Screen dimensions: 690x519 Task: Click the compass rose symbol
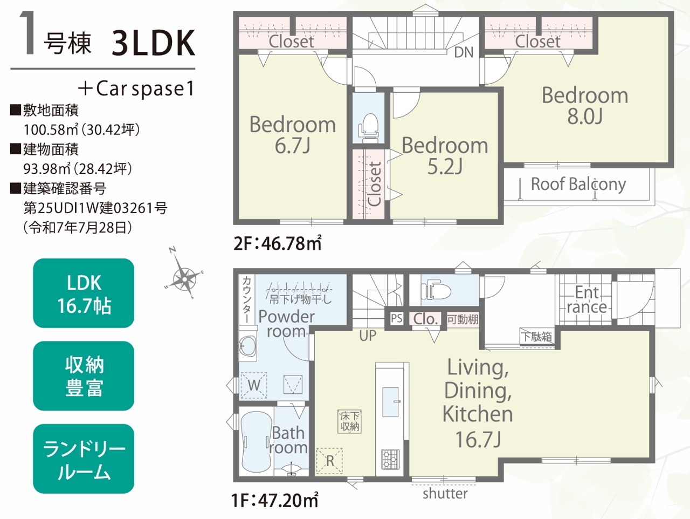point(184,278)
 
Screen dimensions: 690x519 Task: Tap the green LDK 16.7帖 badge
point(84,293)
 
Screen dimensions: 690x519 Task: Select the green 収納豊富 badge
point(84,376)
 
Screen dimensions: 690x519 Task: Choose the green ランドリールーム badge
point(84,459)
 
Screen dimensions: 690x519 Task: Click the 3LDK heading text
point(154,43)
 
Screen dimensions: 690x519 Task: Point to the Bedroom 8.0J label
point(585,106)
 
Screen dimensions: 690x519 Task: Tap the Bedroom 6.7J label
point(292,135)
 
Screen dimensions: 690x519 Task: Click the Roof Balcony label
point(578,184)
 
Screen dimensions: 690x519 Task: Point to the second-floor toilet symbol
point(368,128)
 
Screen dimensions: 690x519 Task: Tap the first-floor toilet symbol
point(436,289)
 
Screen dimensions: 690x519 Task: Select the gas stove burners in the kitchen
point(390,459)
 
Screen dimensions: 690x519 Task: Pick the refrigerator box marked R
point(329,461)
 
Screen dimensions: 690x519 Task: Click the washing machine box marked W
point(254,385)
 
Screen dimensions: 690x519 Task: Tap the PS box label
point(396,319)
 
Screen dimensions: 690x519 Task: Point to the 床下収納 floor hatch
point(349,422)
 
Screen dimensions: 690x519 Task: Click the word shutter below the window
point(445,493)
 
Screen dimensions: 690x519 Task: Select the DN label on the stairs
point(464,52)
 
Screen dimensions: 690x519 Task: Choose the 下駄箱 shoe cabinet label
point(537,337)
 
